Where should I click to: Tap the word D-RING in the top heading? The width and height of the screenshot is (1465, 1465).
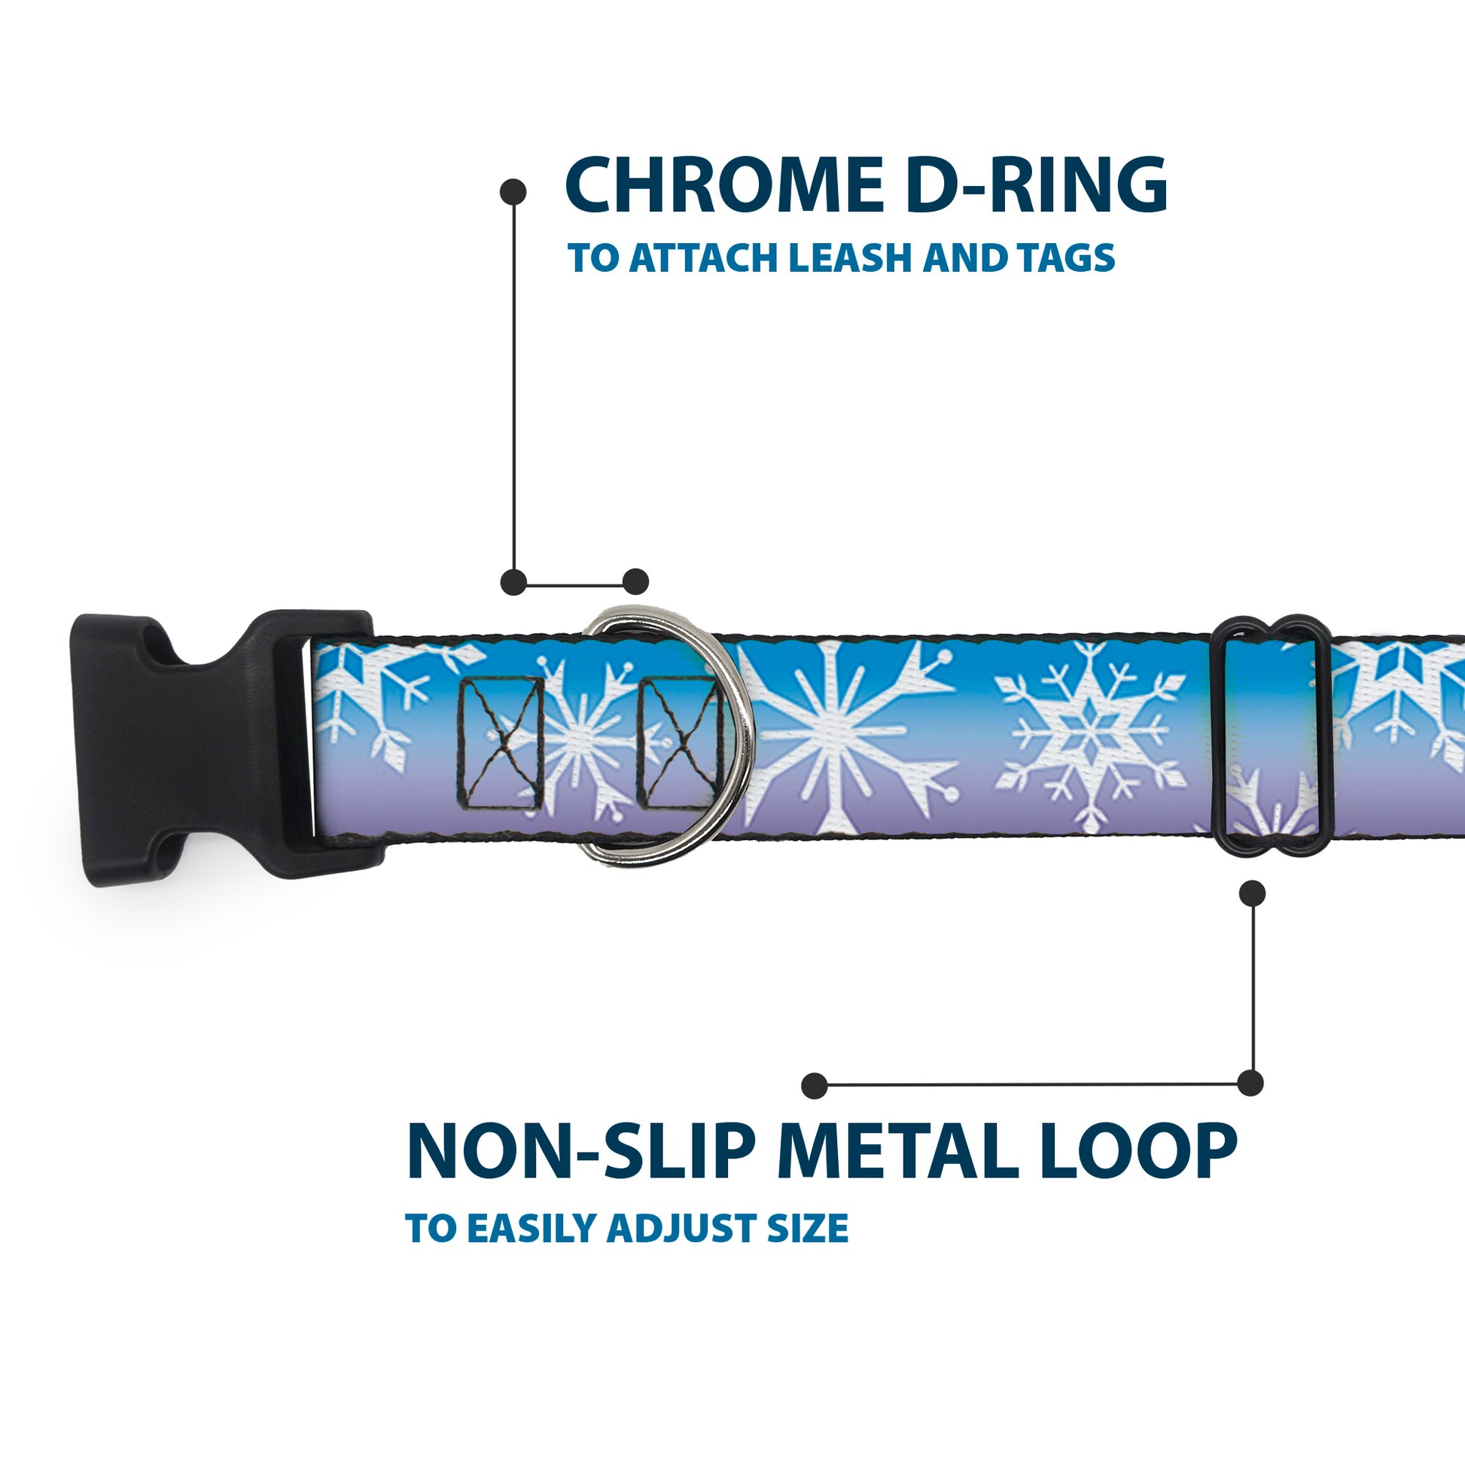pos(1036,186)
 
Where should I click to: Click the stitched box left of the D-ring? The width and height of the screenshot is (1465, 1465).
pos(501,743)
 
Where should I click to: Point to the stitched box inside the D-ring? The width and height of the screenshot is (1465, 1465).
pos(678,743)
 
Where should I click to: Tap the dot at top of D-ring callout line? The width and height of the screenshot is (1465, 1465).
pos(513,192)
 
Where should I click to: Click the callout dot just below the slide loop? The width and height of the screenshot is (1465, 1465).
pos(1252,894)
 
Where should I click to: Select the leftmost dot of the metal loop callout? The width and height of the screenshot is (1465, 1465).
pos(815,1085)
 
